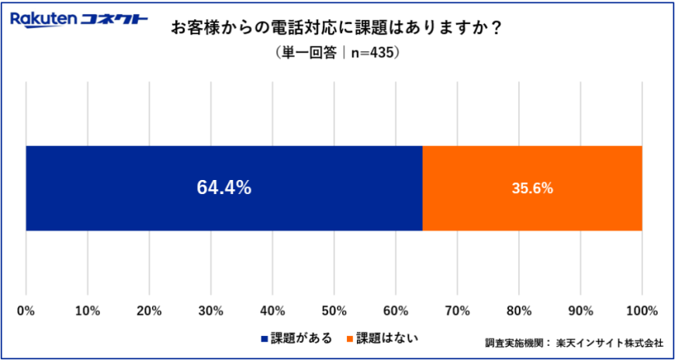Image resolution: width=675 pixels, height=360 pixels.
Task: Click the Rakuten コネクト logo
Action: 79,19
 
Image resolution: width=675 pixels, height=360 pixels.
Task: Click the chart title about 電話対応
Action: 336,28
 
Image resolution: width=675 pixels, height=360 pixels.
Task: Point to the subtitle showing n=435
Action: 337,54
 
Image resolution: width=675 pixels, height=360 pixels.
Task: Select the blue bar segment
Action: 224,188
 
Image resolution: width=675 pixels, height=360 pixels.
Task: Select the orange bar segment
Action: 532,188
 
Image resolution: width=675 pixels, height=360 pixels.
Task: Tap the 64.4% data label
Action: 223,188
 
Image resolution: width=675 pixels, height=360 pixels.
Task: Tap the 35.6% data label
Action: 532,188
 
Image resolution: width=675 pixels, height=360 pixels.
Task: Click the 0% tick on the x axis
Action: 26,311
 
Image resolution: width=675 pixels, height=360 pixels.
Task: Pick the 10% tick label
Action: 88,311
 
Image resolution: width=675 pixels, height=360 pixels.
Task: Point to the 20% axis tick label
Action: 149,311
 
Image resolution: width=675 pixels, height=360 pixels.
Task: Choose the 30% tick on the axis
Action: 211,311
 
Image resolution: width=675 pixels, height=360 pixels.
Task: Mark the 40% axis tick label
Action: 272,311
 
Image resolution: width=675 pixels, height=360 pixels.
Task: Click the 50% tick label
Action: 334,311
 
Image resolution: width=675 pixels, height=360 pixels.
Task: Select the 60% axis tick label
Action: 396,311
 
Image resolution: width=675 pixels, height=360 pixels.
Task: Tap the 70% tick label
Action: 457,311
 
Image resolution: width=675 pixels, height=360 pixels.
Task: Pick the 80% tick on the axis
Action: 519,311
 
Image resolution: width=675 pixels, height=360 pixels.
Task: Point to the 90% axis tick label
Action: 580,311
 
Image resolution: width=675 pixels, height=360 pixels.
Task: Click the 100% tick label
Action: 642,311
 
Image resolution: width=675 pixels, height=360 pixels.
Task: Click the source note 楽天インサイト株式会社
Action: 610,342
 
